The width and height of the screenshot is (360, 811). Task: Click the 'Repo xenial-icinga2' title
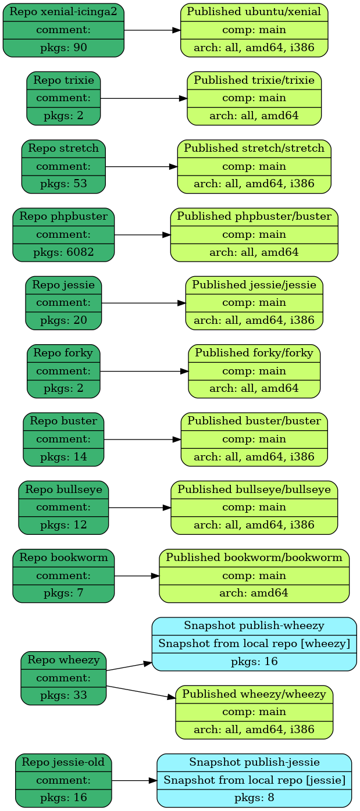pyautogui.click(x=63, y=12)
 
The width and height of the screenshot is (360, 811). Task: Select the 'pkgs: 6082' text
pyautogui.click(x=63, y=252)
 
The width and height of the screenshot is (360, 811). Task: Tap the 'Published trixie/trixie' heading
pyautogui.click(x=254, y=80)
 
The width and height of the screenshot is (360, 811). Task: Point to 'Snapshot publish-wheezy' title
pyautogui.click(x=254, y=626)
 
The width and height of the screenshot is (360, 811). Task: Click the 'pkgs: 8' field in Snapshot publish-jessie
pyautogui.click(x=254, y=798)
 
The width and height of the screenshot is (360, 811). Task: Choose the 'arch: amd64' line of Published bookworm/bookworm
pyautogui.click(x=254, y=594)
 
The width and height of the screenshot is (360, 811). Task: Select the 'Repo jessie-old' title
pyautogui.click(x=63, y=762)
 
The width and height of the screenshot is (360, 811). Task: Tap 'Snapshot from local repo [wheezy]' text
pyautogui.click(x=254, y=644)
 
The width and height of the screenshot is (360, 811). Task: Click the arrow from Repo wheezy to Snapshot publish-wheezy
pyautogui.click(x=129, y=666)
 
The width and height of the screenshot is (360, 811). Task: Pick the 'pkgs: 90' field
pyautogui.click(x=63, y=48)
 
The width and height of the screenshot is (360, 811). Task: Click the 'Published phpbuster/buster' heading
pyautogui.click(x=254, y=216)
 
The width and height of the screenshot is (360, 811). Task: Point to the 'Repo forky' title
pyautogui.click(x=63, y=352)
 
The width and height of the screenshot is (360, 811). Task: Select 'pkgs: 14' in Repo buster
pyautogui.click(x=63, y=457)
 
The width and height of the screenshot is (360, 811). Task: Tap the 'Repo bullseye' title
pyautogui.click(x=63, y=490)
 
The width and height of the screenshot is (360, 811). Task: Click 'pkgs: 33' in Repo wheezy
pyautogui.click(x=63, y=695)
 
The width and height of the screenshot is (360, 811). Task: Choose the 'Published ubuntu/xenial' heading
pyautogui.click(x=254, y=12)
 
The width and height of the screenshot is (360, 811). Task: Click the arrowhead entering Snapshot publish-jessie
pyautogui.click(x=153, y=780)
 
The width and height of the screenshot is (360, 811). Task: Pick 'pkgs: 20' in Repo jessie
pyautogui.click(x=63, y=320)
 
